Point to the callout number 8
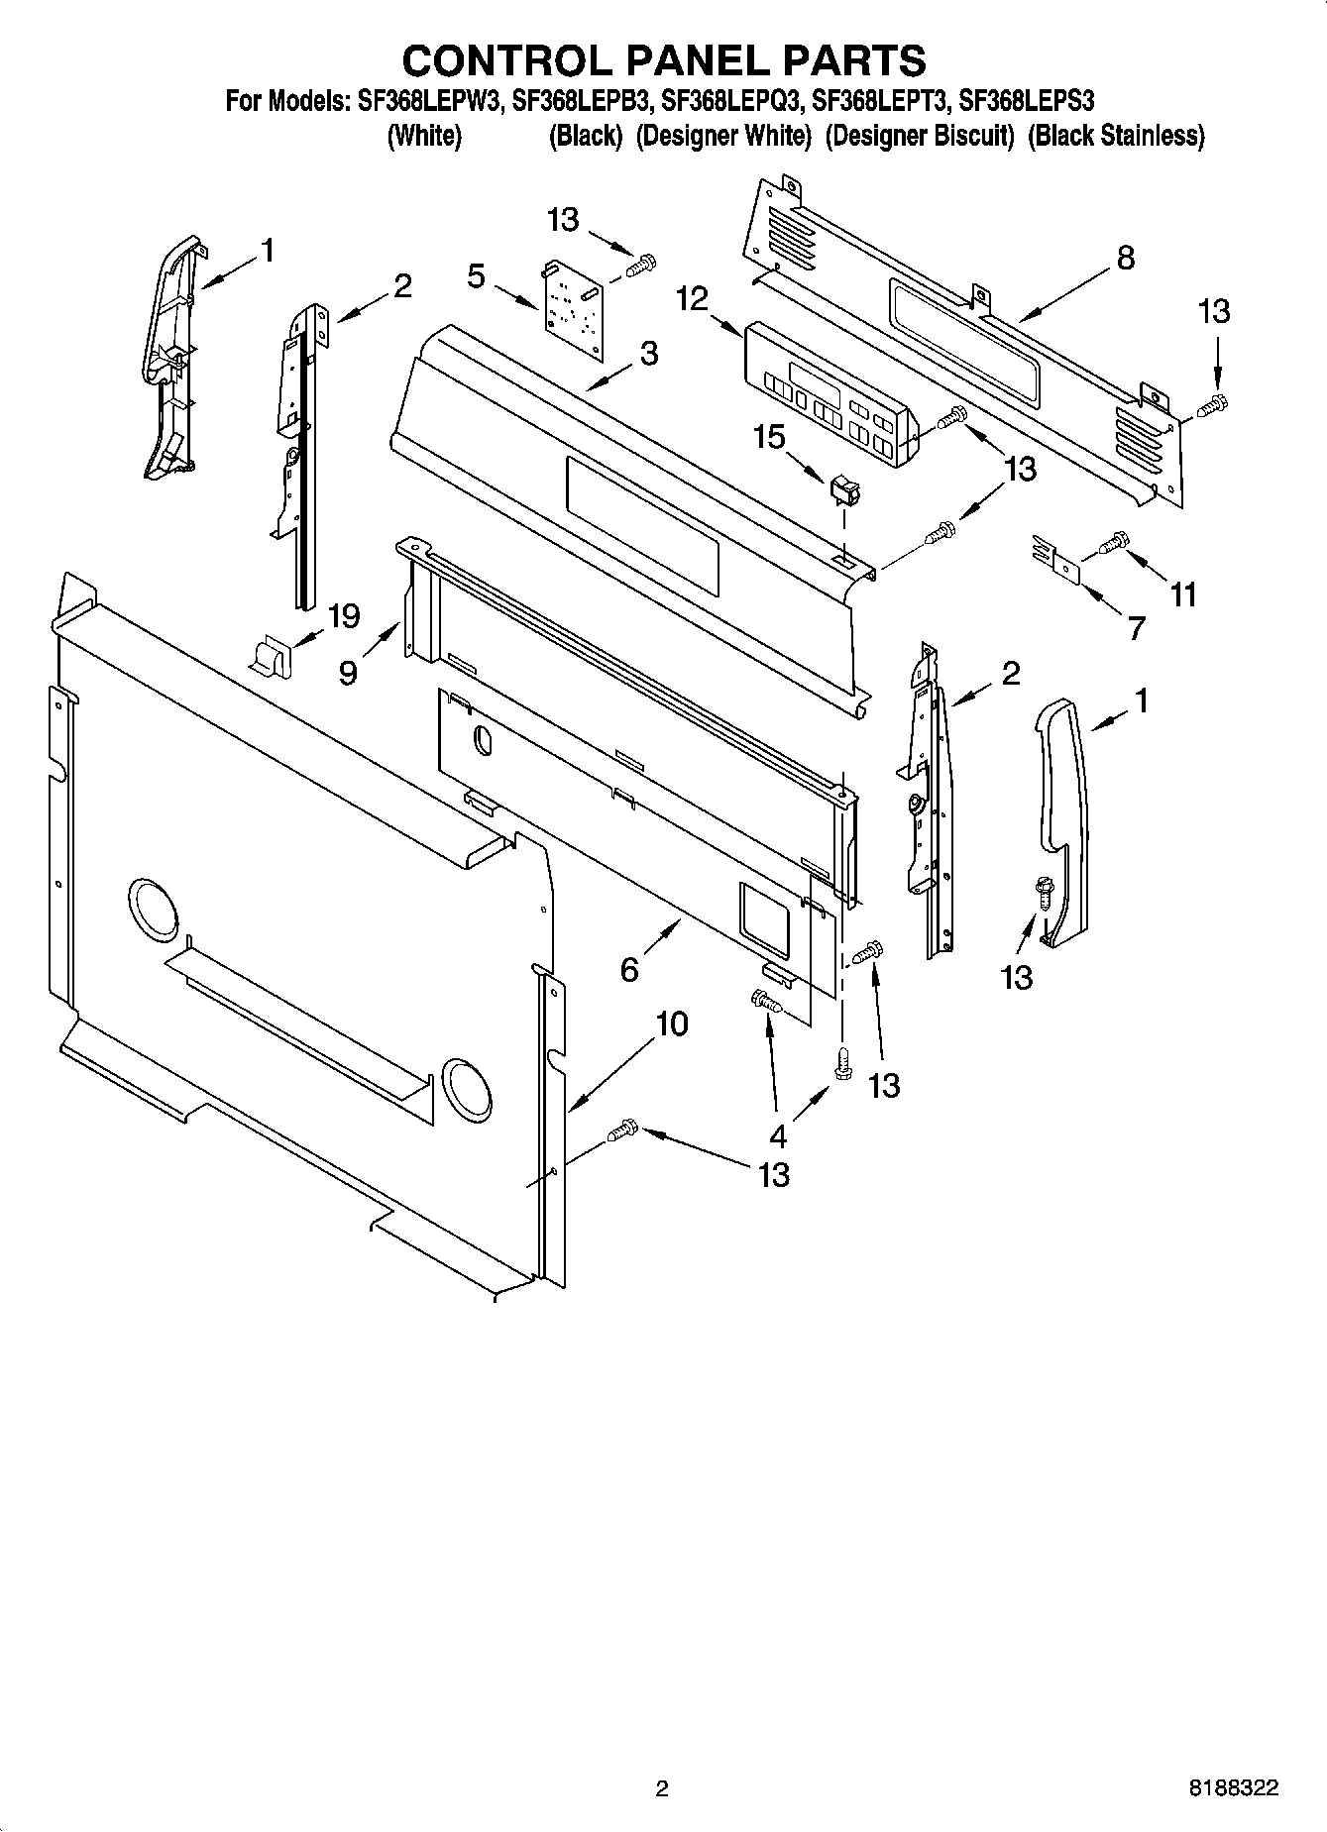[x=1125, y=258]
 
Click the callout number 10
[x=671, y=1024]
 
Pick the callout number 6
[x=629, y=969]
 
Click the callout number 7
[x=1137, y=627]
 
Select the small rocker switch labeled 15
[x=843, y=488]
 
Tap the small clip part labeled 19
[x=268, y=656]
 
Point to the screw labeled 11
[x=1115, y=541]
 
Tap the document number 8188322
[x=1234, y=1788]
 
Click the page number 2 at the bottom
[x=662, y=1788]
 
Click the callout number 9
[x=349, y=674]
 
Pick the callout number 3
[x=648, y=353]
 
